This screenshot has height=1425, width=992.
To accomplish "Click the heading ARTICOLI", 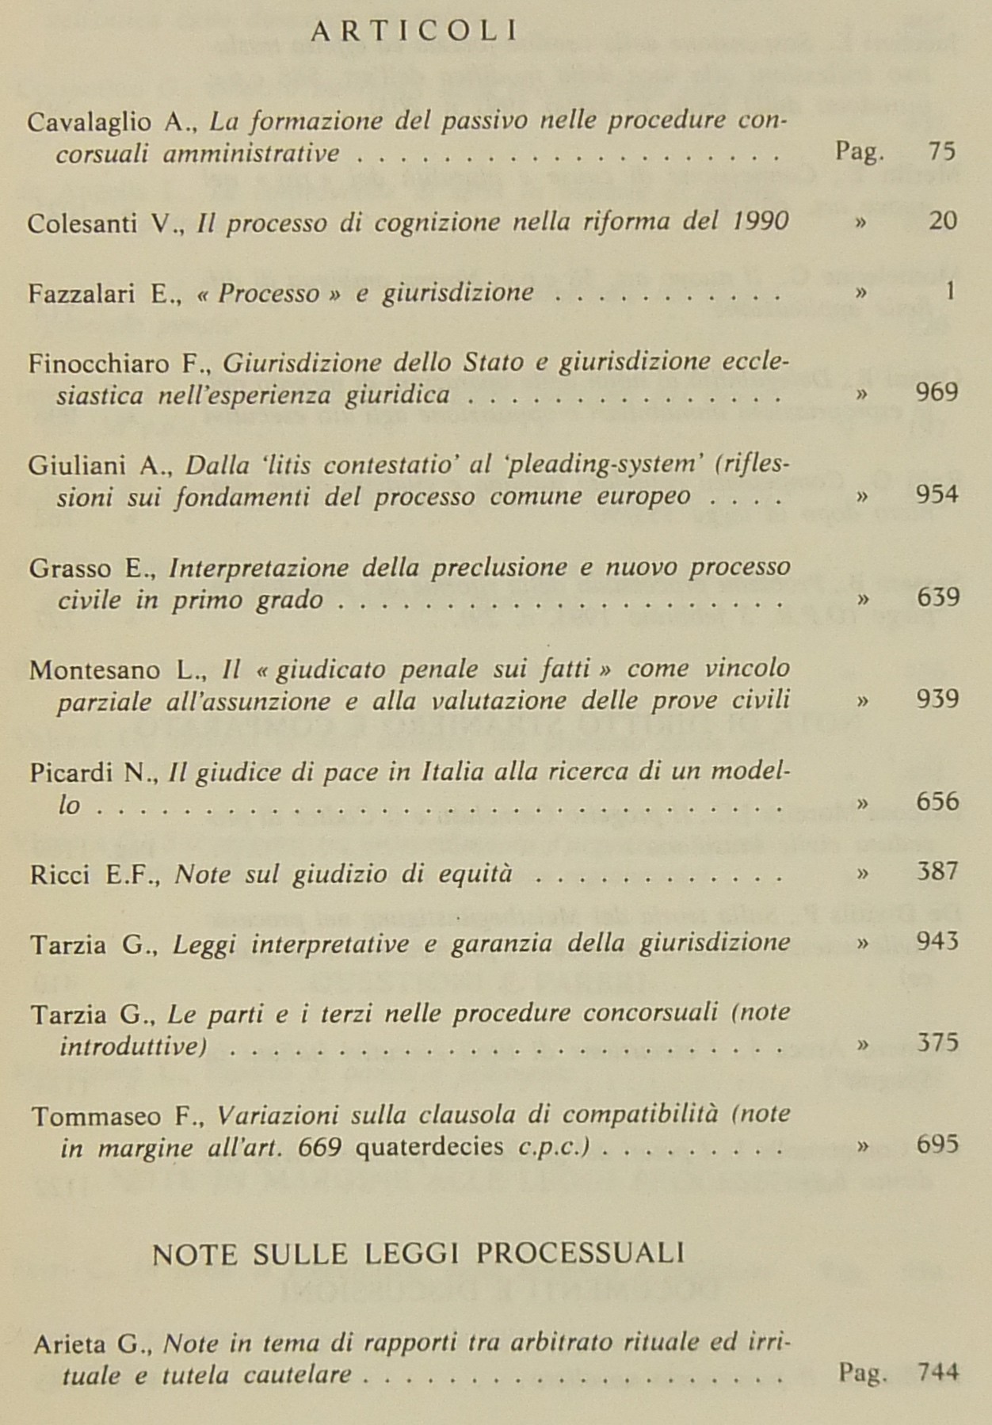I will coord(415,32).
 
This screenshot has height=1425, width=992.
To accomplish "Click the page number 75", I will coord(942,151).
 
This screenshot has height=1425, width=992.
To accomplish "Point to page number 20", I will coord(943,220).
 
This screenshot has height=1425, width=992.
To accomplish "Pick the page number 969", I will coord(937,393).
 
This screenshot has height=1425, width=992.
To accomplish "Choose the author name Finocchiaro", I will coord(99,364).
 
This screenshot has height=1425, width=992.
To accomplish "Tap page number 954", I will coord(937,495).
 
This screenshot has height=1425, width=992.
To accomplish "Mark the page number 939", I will coord(937,699).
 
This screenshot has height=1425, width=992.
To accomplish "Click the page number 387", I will coord(937,871).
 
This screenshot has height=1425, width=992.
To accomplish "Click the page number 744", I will coord(937,1371).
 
